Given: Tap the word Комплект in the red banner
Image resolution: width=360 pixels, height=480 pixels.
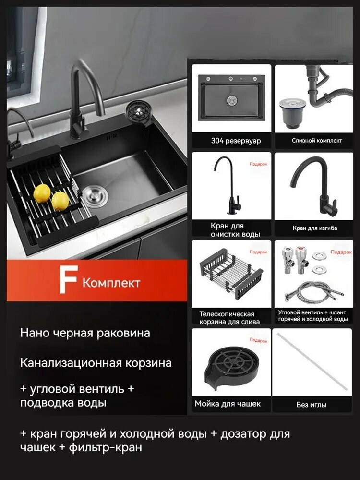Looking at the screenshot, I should coord(111,282).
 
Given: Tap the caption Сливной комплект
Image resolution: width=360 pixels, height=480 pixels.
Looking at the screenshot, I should coord(317,141).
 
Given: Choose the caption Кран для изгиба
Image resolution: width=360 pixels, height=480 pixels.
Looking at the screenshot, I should coord(314,228).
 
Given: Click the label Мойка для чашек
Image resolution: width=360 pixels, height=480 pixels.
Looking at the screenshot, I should coord(228,404).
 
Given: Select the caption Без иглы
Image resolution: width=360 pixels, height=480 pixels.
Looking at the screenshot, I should coord(311,405).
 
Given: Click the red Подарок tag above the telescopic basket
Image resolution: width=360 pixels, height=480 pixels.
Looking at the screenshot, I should coord(258,252).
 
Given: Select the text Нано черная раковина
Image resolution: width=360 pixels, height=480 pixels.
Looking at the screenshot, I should coord(85,333).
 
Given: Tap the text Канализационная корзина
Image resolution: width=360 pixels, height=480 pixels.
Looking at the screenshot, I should coord(96,363).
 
